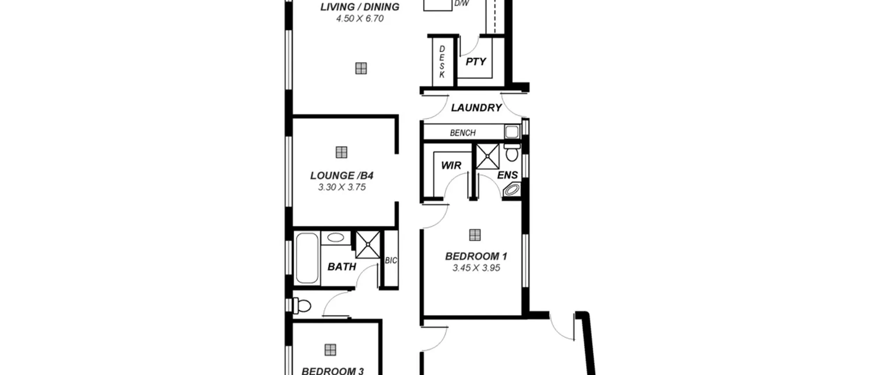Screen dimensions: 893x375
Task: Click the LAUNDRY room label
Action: pos(476,108)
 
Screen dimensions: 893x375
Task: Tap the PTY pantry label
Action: pos(476,62)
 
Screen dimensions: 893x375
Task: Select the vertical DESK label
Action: pos(442,62)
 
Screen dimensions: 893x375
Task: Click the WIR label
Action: pos(451,165)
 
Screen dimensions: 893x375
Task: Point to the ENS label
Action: pos(507,175)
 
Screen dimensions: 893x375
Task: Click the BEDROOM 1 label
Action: pos(476,256)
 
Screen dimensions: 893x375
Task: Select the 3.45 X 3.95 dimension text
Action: pos(476,268)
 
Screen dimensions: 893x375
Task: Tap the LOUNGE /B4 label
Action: pos(342,175)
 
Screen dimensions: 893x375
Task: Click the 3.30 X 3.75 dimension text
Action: pos(342,187)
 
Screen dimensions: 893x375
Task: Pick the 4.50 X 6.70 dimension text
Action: pos(360,18)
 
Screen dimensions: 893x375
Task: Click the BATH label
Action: pos(342,267)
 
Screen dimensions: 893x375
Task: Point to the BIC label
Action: pos(391,261)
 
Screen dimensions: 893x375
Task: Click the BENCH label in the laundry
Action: pos(463,133)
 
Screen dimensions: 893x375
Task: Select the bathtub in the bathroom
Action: pos(307,258)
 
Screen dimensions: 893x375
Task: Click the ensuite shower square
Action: pos(488,156)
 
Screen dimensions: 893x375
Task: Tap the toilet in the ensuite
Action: pos(512,152)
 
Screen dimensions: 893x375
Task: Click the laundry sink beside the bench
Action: pos(512,132)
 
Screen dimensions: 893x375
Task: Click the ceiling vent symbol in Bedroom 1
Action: pos(475,235)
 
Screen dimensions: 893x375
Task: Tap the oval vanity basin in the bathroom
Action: pos(336,238)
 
